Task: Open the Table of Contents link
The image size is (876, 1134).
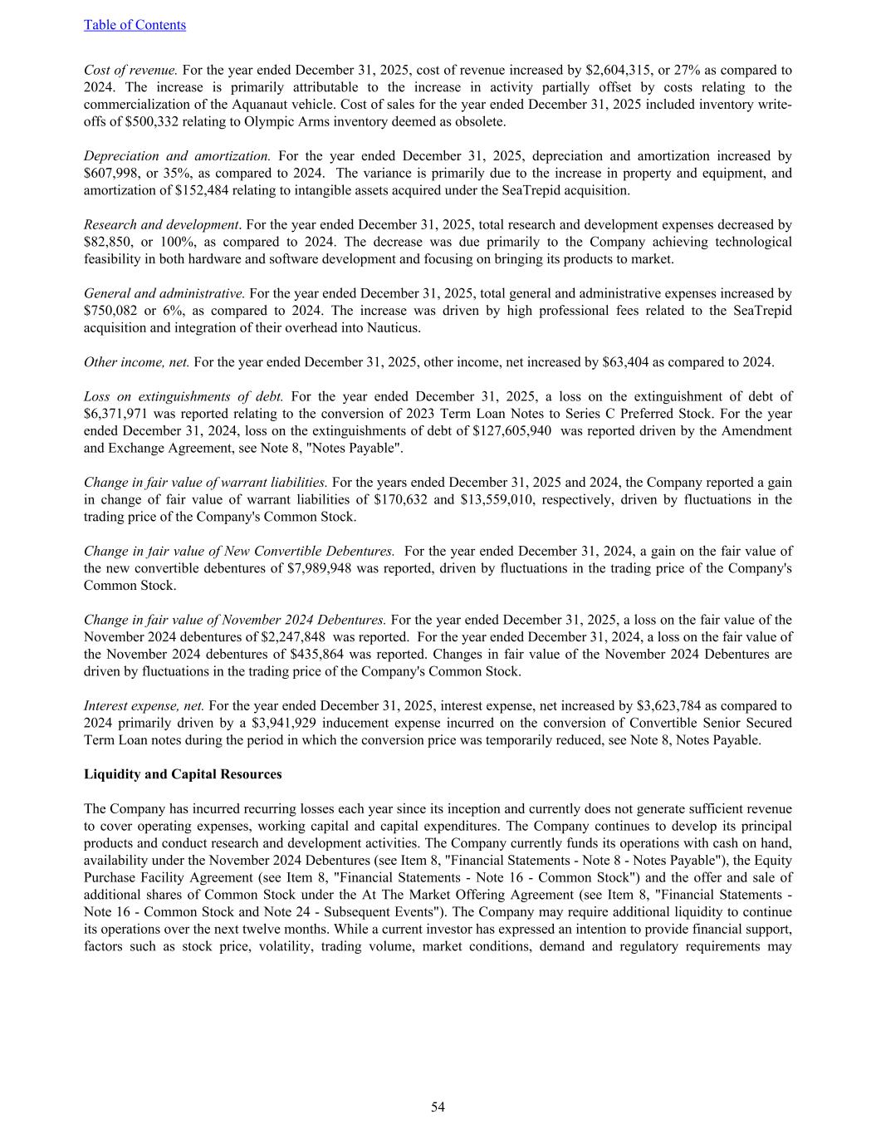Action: [x=135, y=25]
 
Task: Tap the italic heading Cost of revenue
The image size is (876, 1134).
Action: [x=130, y=70]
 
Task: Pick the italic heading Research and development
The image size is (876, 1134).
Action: [x=161, y=224]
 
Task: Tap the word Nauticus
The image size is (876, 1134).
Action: [x=394, y=327]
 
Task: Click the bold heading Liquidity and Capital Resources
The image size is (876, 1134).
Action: [x=183, y=774]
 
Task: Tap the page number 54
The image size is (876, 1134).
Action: [x=438, y=1107]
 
